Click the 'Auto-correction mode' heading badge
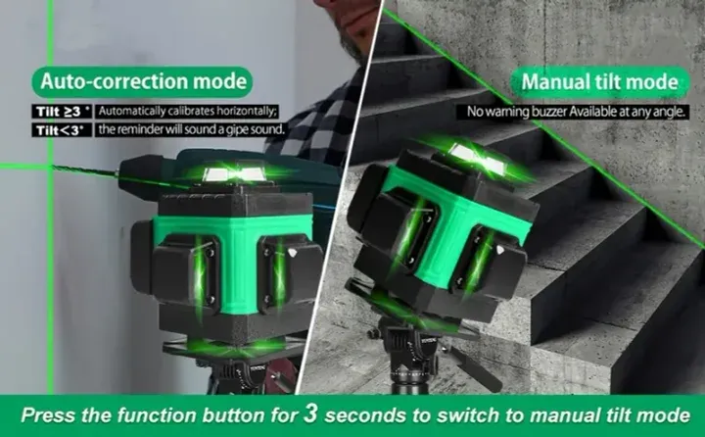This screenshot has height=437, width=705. tap(142, 82)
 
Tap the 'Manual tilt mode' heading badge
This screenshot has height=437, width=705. tap(600, 82)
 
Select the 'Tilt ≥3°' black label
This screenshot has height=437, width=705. tap(62, 111)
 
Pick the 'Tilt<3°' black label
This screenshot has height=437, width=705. tap(62, 130)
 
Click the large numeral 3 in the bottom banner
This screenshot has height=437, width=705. tap(310, 413)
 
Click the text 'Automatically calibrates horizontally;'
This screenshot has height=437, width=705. tap(188, 111)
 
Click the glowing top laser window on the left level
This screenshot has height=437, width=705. tap(235, 173)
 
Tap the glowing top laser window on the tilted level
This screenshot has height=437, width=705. tap(478, 159)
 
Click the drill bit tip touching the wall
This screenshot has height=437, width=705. tap(54, 167)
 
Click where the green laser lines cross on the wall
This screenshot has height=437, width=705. tap(50, 166)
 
